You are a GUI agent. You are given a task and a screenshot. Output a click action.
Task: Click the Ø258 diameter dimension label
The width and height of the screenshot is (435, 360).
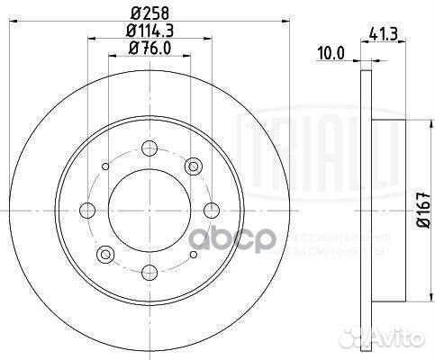(x=149, y=12)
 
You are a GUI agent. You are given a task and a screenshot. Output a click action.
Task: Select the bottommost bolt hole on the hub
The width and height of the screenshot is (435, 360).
(x=150, y=270)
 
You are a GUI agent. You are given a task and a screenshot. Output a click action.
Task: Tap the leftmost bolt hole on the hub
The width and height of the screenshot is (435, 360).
(x=88, y=210)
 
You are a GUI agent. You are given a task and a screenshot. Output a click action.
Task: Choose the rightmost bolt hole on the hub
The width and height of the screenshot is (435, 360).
(x=211, y=210)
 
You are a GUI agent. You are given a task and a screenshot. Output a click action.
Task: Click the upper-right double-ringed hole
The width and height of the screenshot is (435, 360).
(x=193, y=166)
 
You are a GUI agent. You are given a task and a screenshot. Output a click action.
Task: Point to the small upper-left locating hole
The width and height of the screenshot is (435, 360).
(x=105, y=166)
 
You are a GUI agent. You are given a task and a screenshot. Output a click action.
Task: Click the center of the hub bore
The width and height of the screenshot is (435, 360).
(x=150, y=210)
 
